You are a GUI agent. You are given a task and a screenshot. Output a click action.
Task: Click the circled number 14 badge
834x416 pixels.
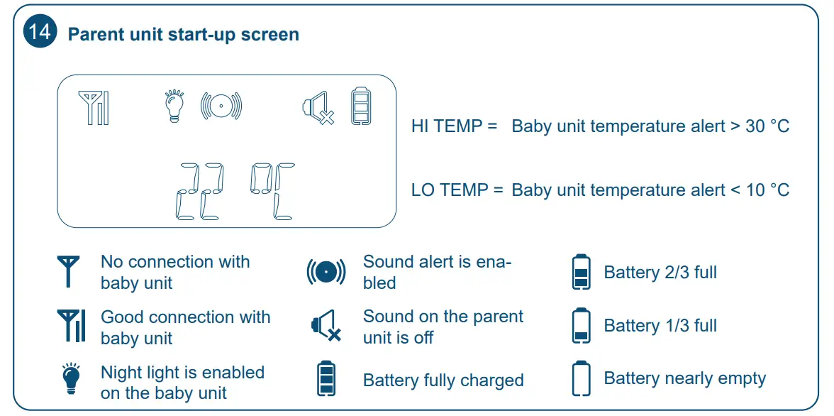[40, 33]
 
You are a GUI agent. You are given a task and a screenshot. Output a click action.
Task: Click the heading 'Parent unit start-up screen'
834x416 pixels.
[183, 34]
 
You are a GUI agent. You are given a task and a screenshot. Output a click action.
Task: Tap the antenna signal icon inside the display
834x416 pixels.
[94, 109]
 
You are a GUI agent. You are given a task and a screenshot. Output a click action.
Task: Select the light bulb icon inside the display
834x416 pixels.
[174, 106]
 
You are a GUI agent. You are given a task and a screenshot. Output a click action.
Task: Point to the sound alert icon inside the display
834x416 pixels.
[221, 106]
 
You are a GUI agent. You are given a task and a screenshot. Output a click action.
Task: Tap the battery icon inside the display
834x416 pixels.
[361, 107]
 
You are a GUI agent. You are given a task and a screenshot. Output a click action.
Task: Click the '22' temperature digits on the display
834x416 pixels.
[199, 191]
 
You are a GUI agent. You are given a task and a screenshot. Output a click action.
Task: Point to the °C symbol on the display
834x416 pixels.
[273, 191]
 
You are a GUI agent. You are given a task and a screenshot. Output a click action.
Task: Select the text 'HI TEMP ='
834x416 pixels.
[455, 126]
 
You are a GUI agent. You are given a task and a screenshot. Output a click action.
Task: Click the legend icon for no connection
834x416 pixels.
[69, 271]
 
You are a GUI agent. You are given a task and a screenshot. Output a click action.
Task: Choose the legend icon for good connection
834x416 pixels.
[71, 327]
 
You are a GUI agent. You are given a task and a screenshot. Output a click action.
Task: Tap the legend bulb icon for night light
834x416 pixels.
[70, 380]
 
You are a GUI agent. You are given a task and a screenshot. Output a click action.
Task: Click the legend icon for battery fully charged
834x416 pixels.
[326, 378]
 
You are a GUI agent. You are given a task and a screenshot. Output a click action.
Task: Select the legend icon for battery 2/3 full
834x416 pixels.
[581, 272]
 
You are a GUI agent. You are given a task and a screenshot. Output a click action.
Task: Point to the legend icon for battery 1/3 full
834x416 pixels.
[581, 326]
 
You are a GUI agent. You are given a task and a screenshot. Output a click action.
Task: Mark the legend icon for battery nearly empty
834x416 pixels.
[581, 379]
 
